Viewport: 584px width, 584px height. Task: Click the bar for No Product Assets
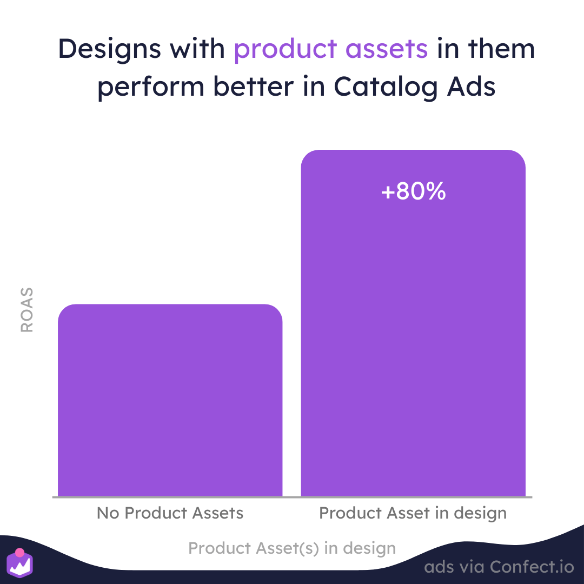click(170, 400)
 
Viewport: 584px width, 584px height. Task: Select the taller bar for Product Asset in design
click(413, 324)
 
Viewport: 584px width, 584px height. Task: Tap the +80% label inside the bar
click(413, 192)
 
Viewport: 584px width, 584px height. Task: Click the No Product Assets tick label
click(170, 513)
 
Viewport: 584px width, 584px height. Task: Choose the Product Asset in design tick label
click(413, 513)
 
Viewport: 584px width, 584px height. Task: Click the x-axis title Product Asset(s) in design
click(292, 548)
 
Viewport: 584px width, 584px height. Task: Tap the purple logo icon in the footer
click(21, 565)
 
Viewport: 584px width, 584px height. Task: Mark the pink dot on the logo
click(19, 553)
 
